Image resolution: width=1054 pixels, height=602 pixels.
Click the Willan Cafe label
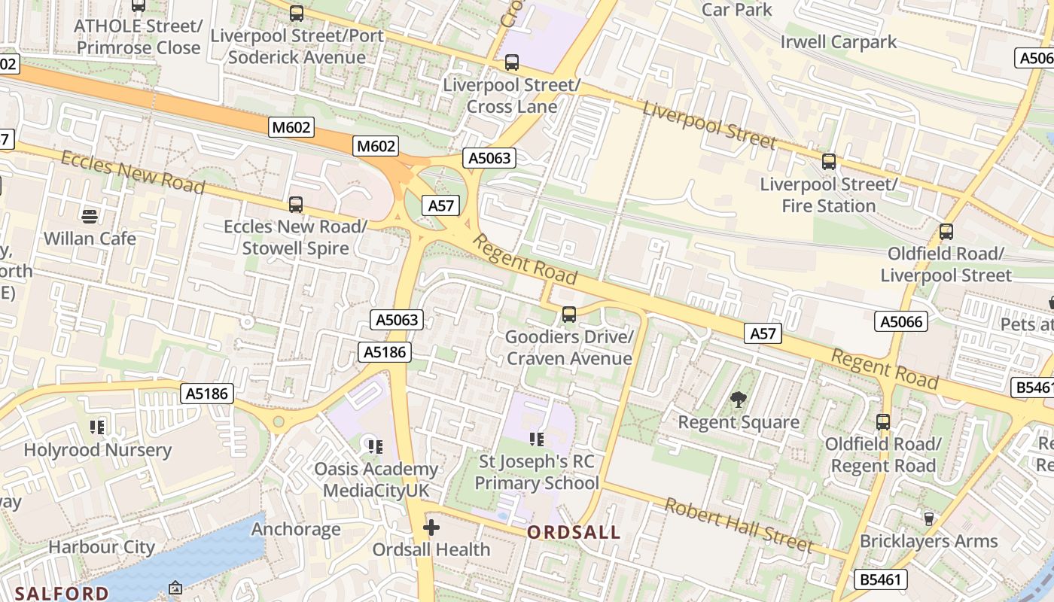click(90, 239)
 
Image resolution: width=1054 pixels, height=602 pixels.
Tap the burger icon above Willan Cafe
click(90, 217)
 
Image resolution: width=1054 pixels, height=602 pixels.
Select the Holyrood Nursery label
click(98, 450)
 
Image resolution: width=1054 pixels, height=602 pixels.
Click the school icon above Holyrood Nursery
click(97, 427)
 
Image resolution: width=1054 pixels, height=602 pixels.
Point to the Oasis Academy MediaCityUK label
click(376, 480)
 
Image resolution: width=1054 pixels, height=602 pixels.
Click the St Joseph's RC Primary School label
click(537, 473)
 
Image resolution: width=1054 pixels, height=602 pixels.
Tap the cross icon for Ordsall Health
click(431, 528)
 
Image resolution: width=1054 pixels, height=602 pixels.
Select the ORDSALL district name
click(574, 533)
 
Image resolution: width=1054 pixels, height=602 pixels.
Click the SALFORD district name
click(62, 593)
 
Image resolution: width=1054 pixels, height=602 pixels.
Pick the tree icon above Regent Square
click(739, 400)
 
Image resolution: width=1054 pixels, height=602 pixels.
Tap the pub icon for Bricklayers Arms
click(928, 518)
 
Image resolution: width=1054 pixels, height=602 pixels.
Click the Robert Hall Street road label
click(738, 524)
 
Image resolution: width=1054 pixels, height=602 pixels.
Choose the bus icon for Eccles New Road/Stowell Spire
click(296, 204)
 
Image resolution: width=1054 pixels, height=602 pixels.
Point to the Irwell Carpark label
click(839, 41)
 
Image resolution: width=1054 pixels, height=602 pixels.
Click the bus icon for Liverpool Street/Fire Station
click(829, 161)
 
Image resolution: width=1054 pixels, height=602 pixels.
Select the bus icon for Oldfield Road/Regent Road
click(883, 422)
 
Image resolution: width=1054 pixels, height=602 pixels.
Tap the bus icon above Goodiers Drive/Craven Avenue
click(569, 314)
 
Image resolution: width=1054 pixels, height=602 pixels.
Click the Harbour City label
click(102, 547)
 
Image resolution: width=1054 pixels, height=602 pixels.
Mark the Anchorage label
click(296, 529)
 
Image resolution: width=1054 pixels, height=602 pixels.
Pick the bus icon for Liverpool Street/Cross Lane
click(512, 62)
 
